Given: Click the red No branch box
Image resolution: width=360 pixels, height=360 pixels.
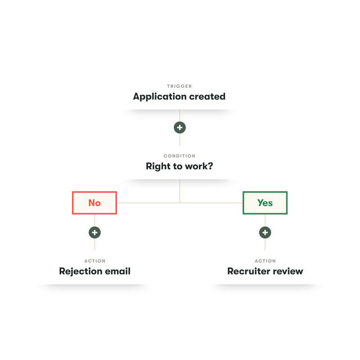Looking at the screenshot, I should pyautogui.click(x=94, y=202).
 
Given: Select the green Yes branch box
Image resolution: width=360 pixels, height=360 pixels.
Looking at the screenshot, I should pyautogui.click(x=265, y=202).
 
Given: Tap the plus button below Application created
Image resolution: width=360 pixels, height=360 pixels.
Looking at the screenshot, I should pyautogui.click(x=179, y=128).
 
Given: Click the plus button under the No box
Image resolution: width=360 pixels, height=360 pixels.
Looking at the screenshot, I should pyautogui.click(x=94, y=232).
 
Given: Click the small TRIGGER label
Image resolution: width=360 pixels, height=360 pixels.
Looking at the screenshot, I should pyautogui.click(x=179, y=86).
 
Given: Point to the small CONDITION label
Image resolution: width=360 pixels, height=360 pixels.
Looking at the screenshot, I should pyautogui.click(x=179, y=156).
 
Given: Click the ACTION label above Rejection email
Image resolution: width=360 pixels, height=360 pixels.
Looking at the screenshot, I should pyautogui.click(x=94, y=261).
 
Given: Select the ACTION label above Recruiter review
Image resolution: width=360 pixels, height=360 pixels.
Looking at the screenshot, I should pyautogui.click(x=265, y=261).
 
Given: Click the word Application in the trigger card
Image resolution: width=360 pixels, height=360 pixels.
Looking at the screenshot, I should pyautogui.click(x=159, y=97).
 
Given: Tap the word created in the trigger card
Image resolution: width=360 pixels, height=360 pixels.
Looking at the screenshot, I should pyautogui.click(x=206, y=97).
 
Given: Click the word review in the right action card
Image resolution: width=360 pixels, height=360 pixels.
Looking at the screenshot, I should pyautogui.click(x=289, y=271).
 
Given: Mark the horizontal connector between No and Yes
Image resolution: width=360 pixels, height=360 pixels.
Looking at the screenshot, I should pyautogui.click(x=146, y=202).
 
